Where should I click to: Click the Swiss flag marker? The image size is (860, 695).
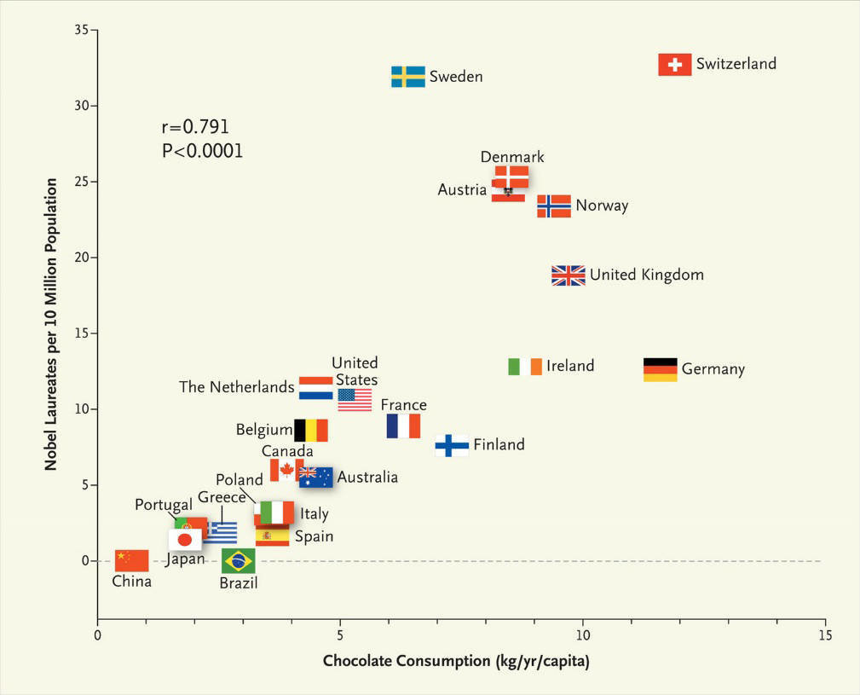(x=674, y=65)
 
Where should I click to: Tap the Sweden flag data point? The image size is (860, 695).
(x=407, y=77)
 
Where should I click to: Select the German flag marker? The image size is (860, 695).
(x=660, y=369)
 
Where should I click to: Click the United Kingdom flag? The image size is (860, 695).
(x=568, y=275)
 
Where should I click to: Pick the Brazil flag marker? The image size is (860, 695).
(x=238, y=560)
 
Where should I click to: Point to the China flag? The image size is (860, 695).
(x=131, y=560)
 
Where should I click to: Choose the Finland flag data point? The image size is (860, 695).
(x=451, y=445)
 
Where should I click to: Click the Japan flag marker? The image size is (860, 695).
(x=184, y=540)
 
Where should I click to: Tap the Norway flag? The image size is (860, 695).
(x=553, y=206)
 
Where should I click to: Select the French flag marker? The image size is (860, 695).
(x=403, y=426)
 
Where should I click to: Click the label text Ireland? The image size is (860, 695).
(x=569, y=366)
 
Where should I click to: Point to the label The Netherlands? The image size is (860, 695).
(x=236, y=387)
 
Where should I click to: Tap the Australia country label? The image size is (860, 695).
(x=367, y=478)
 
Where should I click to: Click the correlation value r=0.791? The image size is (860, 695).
(x=195, y=128)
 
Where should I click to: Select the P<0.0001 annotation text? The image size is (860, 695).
(x=202, y=151)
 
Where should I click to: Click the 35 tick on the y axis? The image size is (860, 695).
(x=81, y=30)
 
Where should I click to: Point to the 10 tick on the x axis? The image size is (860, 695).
(x=583, y=636)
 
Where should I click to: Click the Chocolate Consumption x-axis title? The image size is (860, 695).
(x=456, y=662)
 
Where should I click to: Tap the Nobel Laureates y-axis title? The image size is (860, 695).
(x=52, y=324)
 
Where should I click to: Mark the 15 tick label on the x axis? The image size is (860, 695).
(x=824, y=636)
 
